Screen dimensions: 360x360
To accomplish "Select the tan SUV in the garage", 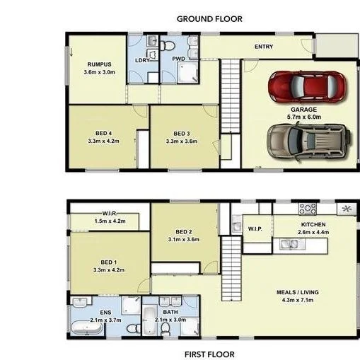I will click(x=308, y=140).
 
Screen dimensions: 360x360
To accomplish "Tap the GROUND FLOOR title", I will click(x=209, y=19).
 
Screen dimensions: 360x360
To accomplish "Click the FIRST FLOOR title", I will click(x=209, y=354).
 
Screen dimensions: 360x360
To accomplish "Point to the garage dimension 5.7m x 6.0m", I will click(x=304, y=117).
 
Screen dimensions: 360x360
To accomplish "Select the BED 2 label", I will click(x=183, y=231).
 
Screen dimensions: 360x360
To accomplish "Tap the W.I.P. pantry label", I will click(x=255, y=228).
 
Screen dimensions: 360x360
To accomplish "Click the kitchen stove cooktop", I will click(x=308, y=209).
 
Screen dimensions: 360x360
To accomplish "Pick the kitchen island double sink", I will click(x=289, y=245).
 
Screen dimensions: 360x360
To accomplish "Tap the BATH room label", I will click(x=170, y=311).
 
